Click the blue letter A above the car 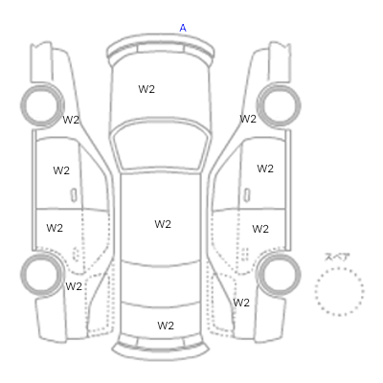[x=183, y=28]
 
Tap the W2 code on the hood [x=146, y=89]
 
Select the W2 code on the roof [x=163, y=224]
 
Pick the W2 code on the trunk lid [x=166, y=326]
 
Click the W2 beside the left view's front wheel [x=71, y=120]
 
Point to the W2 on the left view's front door [x=61, y=170]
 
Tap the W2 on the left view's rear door [x=55, y=228]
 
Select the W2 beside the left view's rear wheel [x=74, y=286]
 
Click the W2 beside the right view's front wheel [x=248, y=119]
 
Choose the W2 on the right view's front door [x=265, y=169]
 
